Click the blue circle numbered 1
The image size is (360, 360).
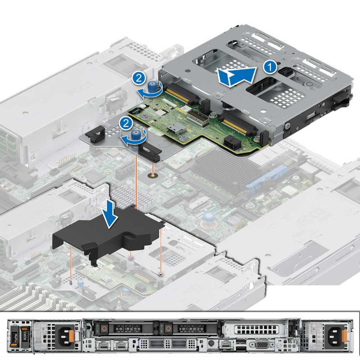270,67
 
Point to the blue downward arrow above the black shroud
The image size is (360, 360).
109,214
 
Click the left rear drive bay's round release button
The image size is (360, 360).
104,328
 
